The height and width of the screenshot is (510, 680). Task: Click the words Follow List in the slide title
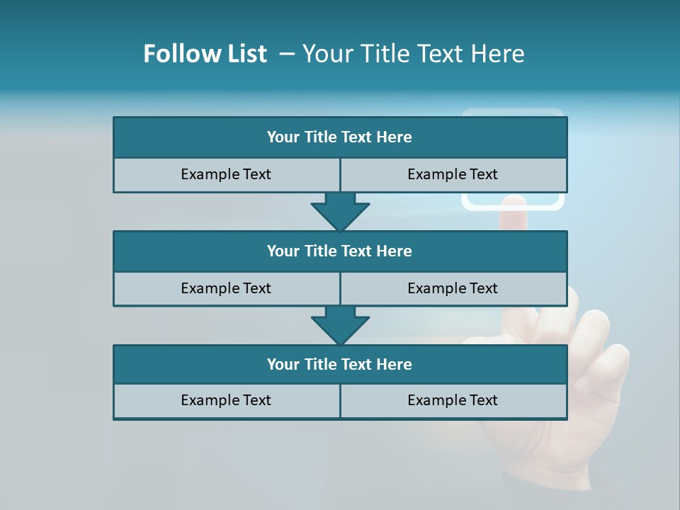coord(205,54)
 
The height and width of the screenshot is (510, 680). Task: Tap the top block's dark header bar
coord(340,137)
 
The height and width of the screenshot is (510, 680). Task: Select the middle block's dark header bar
coord(340,251)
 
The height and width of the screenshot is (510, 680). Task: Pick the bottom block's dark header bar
coord(340,364)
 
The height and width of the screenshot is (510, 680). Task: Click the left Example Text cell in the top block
coord(226,174)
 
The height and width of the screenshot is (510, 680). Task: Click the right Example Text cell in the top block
coord(453,174)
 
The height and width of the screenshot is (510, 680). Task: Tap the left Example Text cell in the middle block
coord(226,288)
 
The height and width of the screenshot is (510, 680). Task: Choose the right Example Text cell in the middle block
coord(453,288)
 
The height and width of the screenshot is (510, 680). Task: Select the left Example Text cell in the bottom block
coord(226,400)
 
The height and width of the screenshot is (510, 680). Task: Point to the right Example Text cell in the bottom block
coord(453,400)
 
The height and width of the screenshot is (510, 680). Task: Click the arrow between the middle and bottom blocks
coord(340,324)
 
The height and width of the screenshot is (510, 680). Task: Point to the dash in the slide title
coord(287,54)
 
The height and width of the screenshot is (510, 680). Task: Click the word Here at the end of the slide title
coord(500,54)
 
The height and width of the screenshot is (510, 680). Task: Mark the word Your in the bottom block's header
coord(283,364)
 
